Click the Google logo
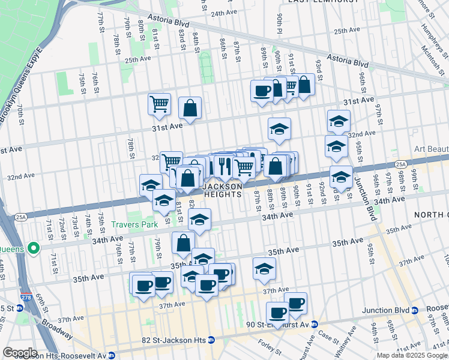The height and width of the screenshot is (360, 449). pyautogui.click(x=20, y=353)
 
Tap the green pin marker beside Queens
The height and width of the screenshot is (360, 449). pyautogui.click(x=34, y=247)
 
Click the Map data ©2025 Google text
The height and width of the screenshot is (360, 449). pyautogui.click(x=411, y=355)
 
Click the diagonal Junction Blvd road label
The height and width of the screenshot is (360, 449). pyautogui.click(x=364, y=193)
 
